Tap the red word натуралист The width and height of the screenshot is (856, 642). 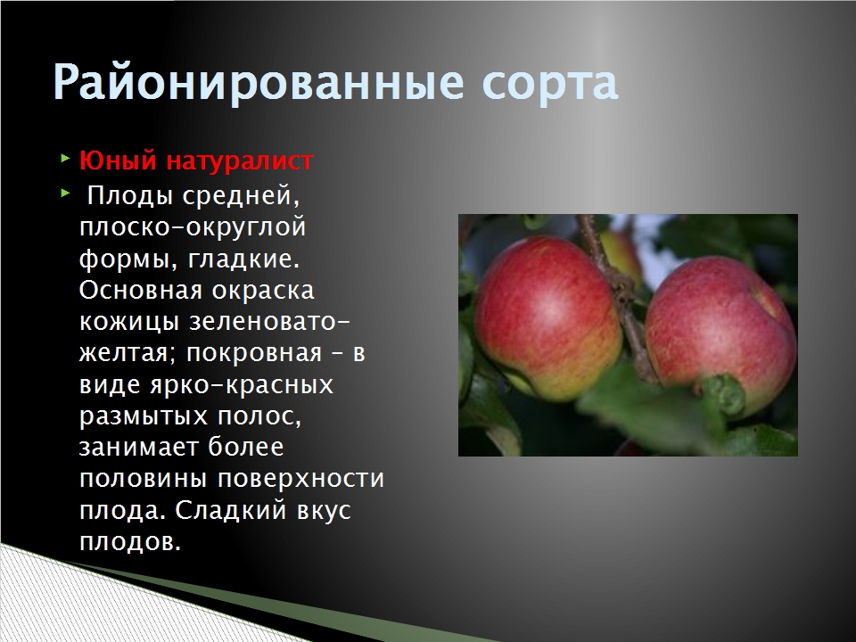(240, 161)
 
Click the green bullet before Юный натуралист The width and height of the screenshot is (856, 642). (65, 160)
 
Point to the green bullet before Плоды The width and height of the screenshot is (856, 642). (65, 193)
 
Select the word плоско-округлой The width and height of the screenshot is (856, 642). (193, 227)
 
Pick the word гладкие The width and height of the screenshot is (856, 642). (244, 259)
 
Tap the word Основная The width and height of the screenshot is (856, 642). (141, 291)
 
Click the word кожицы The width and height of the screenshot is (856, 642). (129, 322)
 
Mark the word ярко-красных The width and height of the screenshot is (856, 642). (242, 385)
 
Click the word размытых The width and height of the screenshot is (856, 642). (144, 417)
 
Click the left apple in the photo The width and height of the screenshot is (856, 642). (547, 317)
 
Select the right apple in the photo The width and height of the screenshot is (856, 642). (720, 337)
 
